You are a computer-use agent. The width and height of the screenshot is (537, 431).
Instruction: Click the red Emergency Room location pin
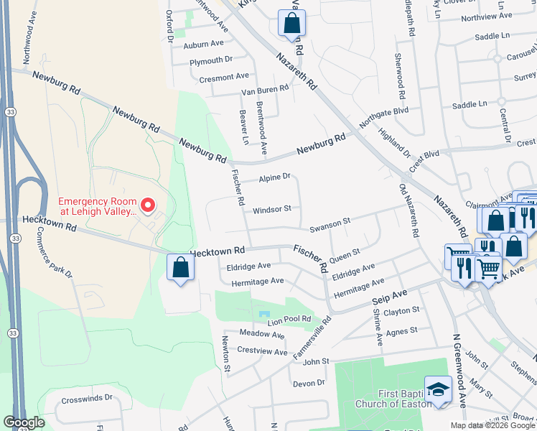pos(148,205)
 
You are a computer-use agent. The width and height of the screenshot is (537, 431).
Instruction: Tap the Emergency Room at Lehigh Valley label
pos(97,207)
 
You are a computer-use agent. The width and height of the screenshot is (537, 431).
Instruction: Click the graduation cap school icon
pos(437,389)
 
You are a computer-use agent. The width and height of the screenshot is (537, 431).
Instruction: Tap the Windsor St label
pos(271,210)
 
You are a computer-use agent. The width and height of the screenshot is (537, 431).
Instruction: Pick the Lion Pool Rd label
pos(289,319)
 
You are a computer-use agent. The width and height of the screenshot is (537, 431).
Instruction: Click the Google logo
pos(24,422)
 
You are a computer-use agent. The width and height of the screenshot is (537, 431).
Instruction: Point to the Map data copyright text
pos(492,425)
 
